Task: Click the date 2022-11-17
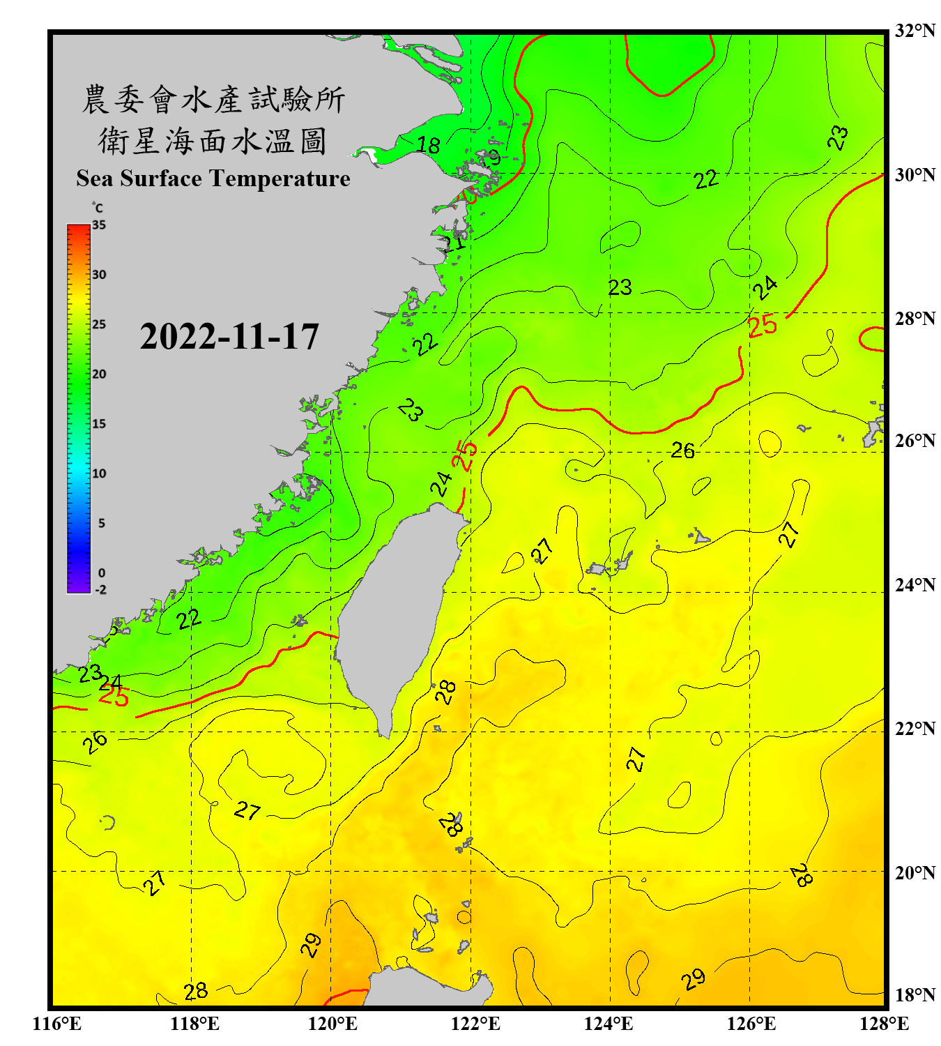click(x=229, y=337)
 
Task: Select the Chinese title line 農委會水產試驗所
click(x=213, y=100)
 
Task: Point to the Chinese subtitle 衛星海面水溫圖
click(x=213, y=141)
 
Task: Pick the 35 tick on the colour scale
click(x=99, y=225)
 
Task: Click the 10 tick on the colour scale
click(x=99, y=473)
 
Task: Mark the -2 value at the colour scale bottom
click(x=100, y=590)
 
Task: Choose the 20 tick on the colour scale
click(x=99, y=374)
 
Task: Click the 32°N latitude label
click(x=915, y=31)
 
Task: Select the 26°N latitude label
click(x=915, y=441)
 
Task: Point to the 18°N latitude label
click(x=915, y=995)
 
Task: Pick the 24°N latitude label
click(x=915, y=584)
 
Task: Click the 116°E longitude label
click(x=57, y=1024)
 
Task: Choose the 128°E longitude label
click(x=884, y=1024)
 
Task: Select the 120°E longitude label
click(x=332, y=1024)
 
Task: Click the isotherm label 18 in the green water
click(x=428, y=145)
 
